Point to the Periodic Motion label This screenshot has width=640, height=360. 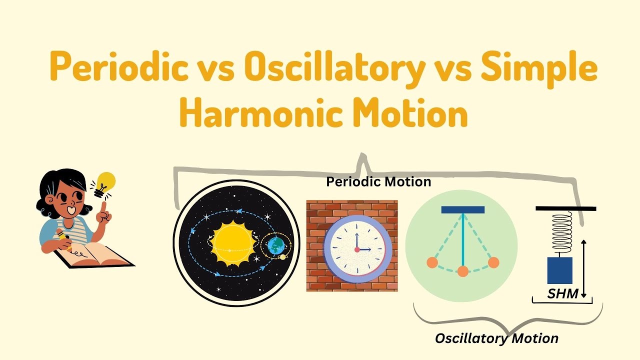tap(378, 181)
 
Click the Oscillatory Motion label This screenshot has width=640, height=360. tap(496, 338)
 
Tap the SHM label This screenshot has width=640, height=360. tap(562, 294)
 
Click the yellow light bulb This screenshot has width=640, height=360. tap(105, 181)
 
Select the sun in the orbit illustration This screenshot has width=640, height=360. tap(233, 243)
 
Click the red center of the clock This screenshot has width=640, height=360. tap(357, 249)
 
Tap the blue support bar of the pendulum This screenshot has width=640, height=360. tap(462, 210)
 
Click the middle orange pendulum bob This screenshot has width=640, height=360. tap(463, 271)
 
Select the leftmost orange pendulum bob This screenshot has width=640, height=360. tap(432, 262)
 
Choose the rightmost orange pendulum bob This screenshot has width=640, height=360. tap(493, 262)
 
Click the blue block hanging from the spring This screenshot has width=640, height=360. tap(559, 270)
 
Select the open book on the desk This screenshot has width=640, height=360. tap(95, 255)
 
